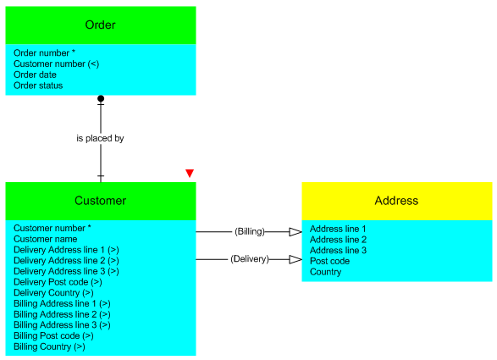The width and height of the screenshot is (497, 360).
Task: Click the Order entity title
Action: tap(100, 25)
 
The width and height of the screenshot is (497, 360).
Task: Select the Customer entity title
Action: tap(100, 201)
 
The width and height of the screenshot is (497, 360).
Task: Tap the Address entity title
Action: tap(396, 201)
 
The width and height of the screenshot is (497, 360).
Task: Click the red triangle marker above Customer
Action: tap(190, 173)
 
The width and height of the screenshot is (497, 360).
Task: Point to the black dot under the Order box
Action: tap(101, 98)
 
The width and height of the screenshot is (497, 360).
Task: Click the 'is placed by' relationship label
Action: tap(100, 138)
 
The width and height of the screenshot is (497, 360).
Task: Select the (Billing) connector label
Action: tap(250, 231)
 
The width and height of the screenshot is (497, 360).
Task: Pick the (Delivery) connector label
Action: tap(250, 259)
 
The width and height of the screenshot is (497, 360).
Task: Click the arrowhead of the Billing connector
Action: tap(295, 232)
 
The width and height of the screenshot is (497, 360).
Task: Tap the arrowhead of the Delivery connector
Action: tap(295, 259)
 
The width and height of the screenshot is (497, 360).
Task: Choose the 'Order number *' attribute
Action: tap(44, 53)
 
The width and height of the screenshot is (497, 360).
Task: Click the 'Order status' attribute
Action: tap(38, 86)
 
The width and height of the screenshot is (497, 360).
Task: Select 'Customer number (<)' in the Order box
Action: tap(57, 64)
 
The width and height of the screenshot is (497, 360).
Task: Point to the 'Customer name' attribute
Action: tap(46, 239)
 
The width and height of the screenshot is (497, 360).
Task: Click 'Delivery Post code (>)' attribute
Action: tap(58, 282)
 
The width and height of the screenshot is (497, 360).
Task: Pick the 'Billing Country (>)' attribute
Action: tap(49, 346)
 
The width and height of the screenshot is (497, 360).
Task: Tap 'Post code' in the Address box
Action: tap(329, 261)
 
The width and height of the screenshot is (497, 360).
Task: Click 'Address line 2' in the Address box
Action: tap(338, 240)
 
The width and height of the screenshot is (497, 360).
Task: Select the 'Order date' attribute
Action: tap(35, 75)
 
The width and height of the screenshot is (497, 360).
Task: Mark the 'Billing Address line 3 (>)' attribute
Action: tap(62, 325)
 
